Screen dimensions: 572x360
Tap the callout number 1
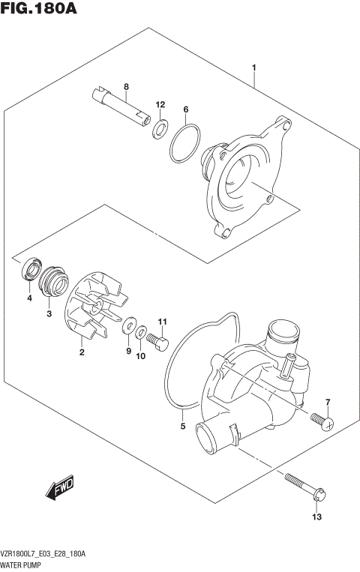[254, 69]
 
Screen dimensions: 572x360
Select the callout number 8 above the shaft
[126, 86]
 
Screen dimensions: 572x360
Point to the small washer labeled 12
[160, 129]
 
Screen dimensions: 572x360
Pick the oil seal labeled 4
[33, 271]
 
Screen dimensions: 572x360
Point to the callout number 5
[182, 427]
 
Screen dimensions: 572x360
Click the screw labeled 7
[324, 421]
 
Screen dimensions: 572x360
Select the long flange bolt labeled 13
[303, 486]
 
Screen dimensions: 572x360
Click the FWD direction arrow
[60, 487]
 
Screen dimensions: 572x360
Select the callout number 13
[317, 517]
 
